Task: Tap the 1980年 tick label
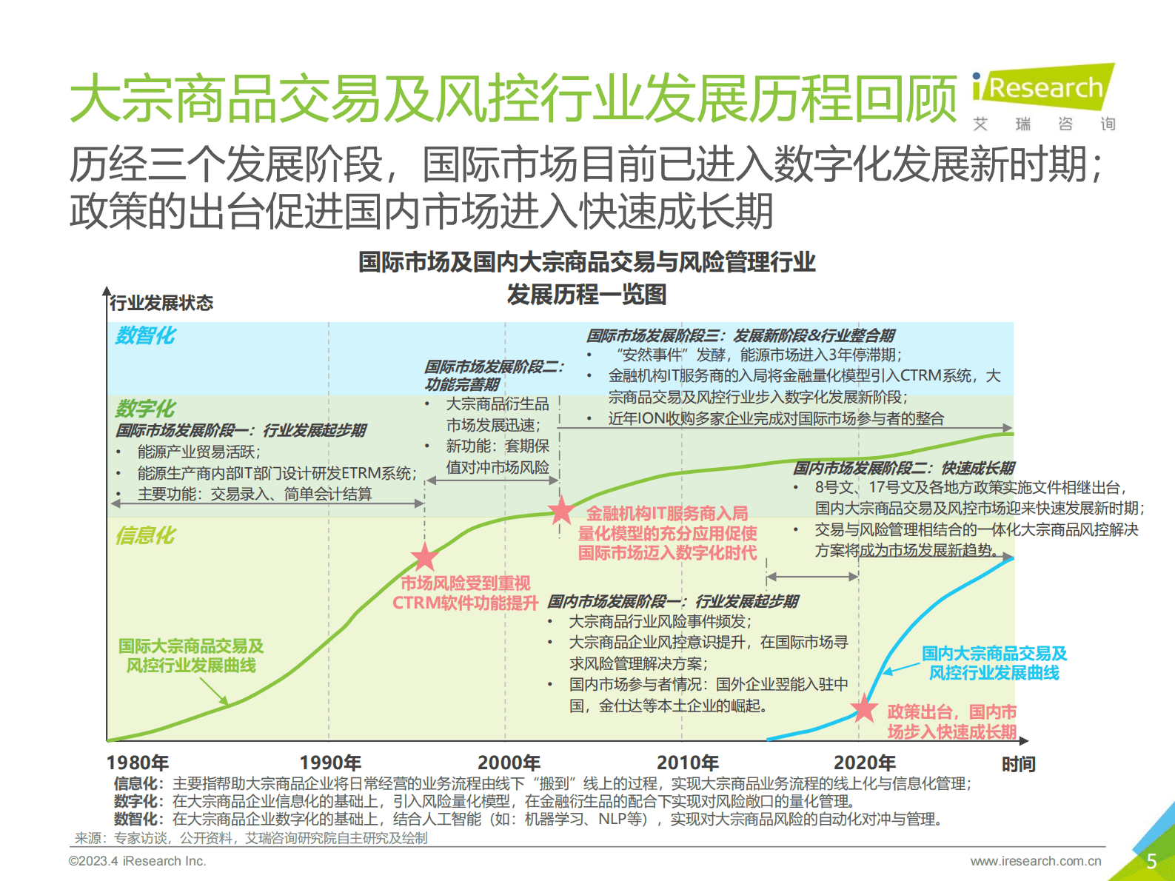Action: tap(138, 763)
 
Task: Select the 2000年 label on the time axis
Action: tap(509, 763)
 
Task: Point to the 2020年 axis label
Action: tap(865, 763)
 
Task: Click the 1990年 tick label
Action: tap(330, 763)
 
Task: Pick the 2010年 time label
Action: tap(688, 763)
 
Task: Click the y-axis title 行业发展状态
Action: tap(161, 303)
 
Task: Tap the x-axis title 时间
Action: tap(1018, 764)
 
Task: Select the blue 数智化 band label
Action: tap(145, 335)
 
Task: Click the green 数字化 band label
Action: tap(145, 408)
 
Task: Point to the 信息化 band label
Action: tap(145, 535)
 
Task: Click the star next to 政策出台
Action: tap(864, 709)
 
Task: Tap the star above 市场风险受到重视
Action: tap(424, 557)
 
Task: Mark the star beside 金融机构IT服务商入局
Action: tap(561, 510)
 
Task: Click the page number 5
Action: tap(1151, 861)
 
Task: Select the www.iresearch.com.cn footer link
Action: tap(1036, 861)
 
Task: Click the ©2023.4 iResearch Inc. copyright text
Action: tap(138, 861)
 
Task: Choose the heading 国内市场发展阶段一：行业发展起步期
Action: tap(673, 601)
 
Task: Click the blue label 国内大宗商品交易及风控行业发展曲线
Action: tap(994, 663)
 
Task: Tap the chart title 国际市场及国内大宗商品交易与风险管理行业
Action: tap(586, 262)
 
